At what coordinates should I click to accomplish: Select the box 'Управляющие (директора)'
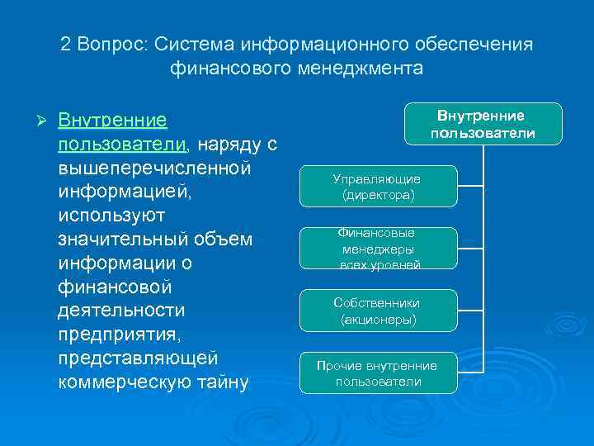376,187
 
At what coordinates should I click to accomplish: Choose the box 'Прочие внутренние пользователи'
378,373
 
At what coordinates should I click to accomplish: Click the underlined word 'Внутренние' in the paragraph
113,121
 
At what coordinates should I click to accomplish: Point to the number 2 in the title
66,44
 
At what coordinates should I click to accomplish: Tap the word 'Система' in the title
189,44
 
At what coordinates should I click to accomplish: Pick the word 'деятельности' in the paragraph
122,311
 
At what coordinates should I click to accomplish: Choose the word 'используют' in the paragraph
112,216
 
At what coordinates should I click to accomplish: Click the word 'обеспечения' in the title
478,44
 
